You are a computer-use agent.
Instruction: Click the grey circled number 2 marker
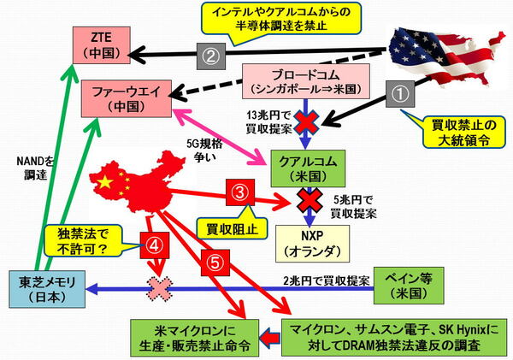coord(210,57)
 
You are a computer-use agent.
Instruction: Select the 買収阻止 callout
coord(217,228)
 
